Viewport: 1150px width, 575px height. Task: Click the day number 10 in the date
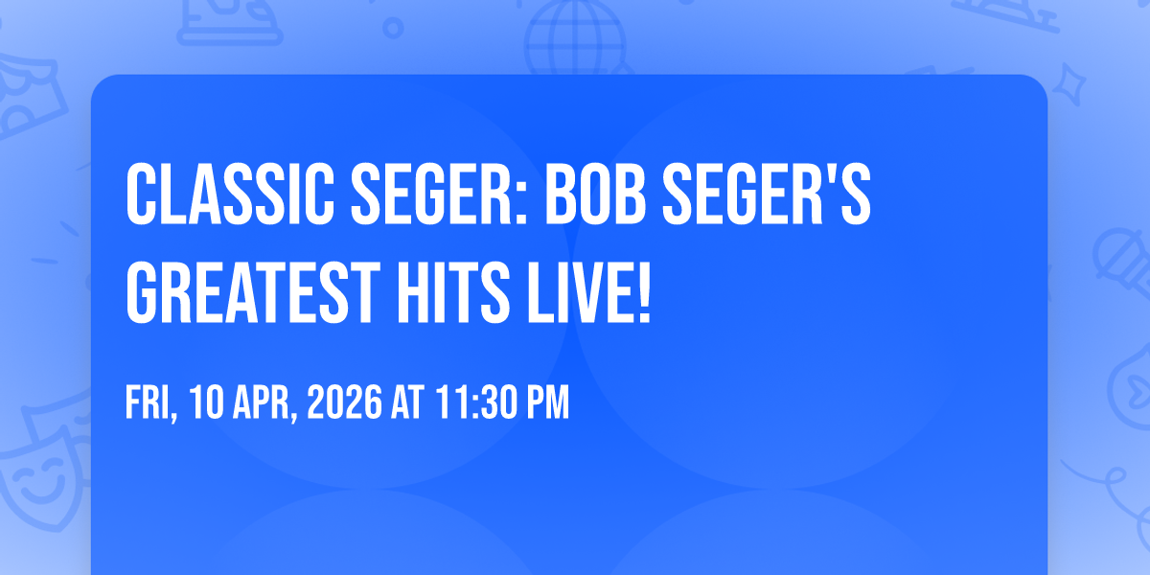coord(206,402)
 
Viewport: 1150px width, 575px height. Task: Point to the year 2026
coord(344,402)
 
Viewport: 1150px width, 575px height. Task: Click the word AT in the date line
coord(407,402)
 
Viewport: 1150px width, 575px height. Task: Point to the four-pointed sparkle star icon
coord(1069,84)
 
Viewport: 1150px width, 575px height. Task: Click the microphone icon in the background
coord(1122,263)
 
